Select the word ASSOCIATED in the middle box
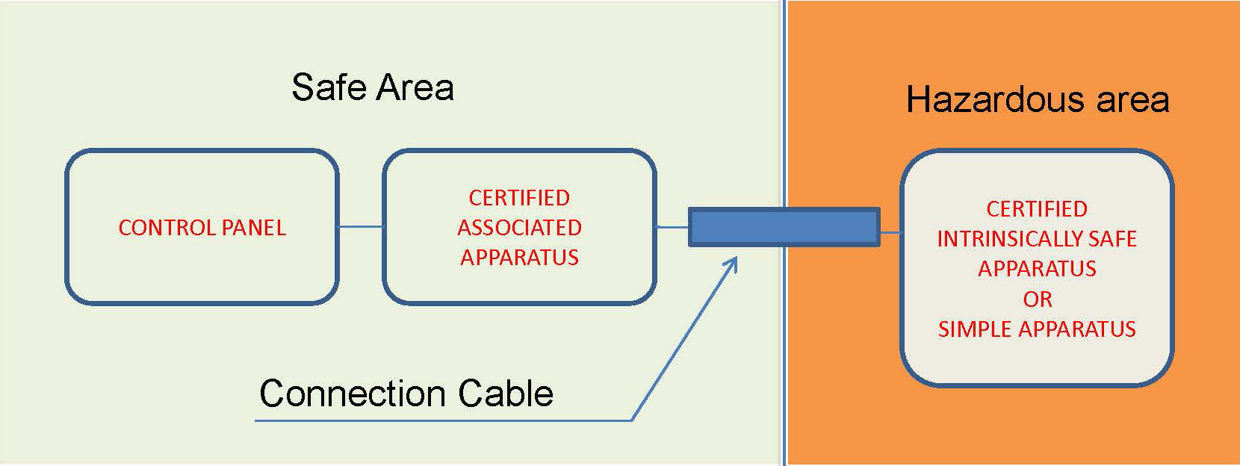519,227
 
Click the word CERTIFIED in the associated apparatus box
519,198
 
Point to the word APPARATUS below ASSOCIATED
519,258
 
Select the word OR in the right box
1038,299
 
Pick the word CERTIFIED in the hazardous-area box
1037,209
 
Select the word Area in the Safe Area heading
415,87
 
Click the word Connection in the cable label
352,394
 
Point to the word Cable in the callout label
506,394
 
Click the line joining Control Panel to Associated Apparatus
360,226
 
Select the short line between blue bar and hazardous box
890,232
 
